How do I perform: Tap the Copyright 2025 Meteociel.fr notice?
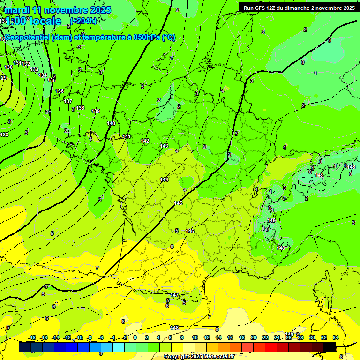(198, 357)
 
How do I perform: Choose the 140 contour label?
(111, 123)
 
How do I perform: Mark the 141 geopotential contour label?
(127, 136)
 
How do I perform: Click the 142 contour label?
(145, 141)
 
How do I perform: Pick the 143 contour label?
(164, 146)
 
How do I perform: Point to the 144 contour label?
(164, 180)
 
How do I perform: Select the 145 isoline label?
(178, 203)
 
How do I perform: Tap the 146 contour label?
(190, 231)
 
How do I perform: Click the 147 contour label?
(174, 295)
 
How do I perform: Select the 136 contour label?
(60, 91)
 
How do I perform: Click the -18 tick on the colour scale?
(32, 337)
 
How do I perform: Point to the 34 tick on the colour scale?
(336, 337)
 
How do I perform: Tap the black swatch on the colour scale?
(329, 347)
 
